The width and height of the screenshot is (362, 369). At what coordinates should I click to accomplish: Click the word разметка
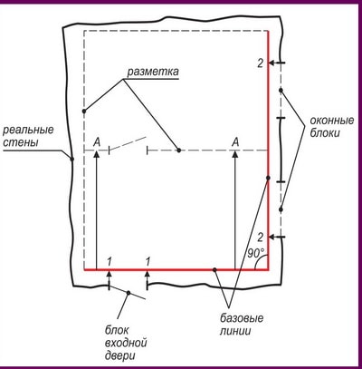tap(153, 72)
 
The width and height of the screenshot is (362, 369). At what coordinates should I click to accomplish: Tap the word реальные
tap(28, 130)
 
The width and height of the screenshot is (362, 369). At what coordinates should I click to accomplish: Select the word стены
tap(21, 141)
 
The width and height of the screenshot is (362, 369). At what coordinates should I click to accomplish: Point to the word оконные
tap(332, 121)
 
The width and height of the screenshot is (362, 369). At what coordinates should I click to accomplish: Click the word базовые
tap(242, 318)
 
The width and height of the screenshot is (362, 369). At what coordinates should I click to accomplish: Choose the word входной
tap(126, 343)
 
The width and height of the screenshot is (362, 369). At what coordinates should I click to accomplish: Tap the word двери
tap(120, 355)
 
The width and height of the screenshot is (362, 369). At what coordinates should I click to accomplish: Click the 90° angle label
tap(256, 253)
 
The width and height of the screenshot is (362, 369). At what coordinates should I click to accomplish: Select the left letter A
tap(97, 141)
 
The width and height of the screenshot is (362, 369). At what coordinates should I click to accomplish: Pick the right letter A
tap(235, 141)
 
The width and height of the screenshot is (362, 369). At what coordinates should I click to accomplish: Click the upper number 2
tap(260, 63)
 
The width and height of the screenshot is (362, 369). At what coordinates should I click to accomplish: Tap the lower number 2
tap(260, 238)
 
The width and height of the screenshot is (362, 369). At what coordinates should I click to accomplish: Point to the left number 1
tap(110, 262)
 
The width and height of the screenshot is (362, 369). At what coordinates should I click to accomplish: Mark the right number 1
tap(148, 262)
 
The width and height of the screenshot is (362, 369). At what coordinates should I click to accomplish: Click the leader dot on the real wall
tap(72, 159)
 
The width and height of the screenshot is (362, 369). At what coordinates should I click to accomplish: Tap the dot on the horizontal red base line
tap(214, 269)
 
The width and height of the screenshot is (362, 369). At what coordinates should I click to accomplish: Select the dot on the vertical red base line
tap(268, 178)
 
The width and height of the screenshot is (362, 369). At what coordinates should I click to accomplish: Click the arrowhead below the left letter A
tap(97, 153)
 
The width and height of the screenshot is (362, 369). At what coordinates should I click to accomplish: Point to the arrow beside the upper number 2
tap(277, 63)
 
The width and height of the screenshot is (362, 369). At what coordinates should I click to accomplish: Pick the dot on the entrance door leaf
tap(129, 293)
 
